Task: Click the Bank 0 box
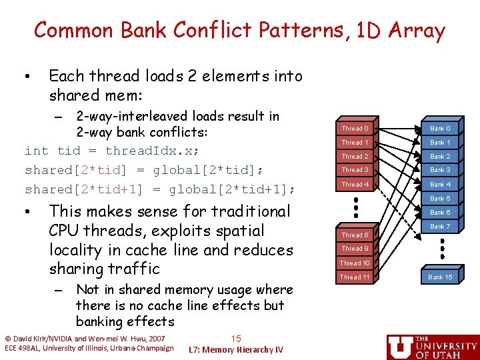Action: click(440, 128)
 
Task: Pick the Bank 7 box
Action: click(440, 227)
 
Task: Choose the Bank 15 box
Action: click(440, 277)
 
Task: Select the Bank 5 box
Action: click(440, 199)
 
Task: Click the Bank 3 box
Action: click(440, 170)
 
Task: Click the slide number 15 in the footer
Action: click(235, 339)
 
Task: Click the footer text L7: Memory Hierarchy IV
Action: click(236, 349)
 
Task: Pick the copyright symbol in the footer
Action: click(8, 339)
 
